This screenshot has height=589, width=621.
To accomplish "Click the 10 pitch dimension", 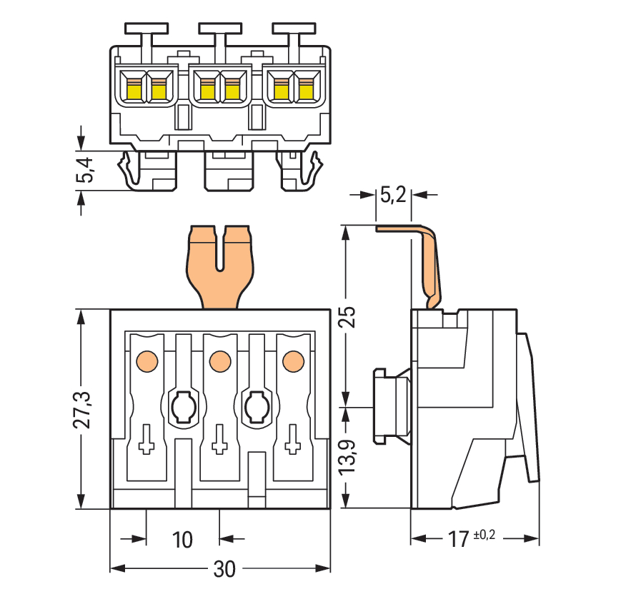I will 183,539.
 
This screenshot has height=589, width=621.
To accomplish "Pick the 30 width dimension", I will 224,569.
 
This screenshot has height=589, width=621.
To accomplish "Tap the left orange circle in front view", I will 146,361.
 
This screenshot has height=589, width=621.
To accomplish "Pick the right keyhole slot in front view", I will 257,406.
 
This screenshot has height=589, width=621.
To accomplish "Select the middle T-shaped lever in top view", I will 219,32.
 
